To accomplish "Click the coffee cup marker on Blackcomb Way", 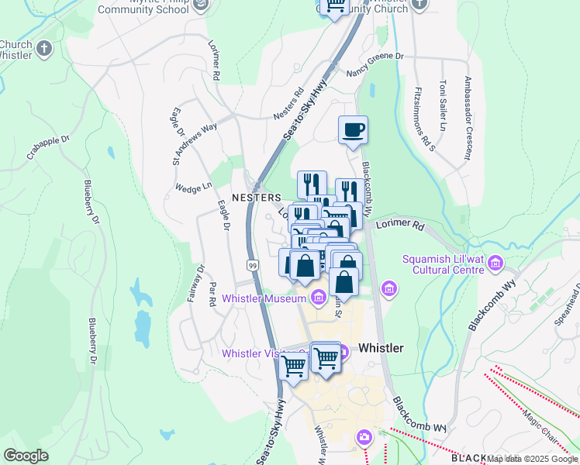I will pyautogui.click(x=353, y=130).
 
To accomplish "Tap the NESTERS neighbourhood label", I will pyautogui.click(x=256, y=198).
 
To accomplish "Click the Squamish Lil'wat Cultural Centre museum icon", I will pyautogui.click(x=495, y=266).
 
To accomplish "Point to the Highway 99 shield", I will pyautogui.click(x=253, y=265).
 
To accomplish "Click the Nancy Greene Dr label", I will pyautogui.click(x=375, y=62).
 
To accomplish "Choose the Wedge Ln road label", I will pyautogui.click(x=194, y=188).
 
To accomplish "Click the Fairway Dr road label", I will pyautogui.click(x=201, y=281).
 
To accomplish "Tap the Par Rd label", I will pyautogui.click(x=212, y=295).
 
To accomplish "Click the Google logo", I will pyautogui.click(x=26, y=456).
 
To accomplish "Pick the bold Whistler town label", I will pyautogui.click(x=380, y=348).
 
